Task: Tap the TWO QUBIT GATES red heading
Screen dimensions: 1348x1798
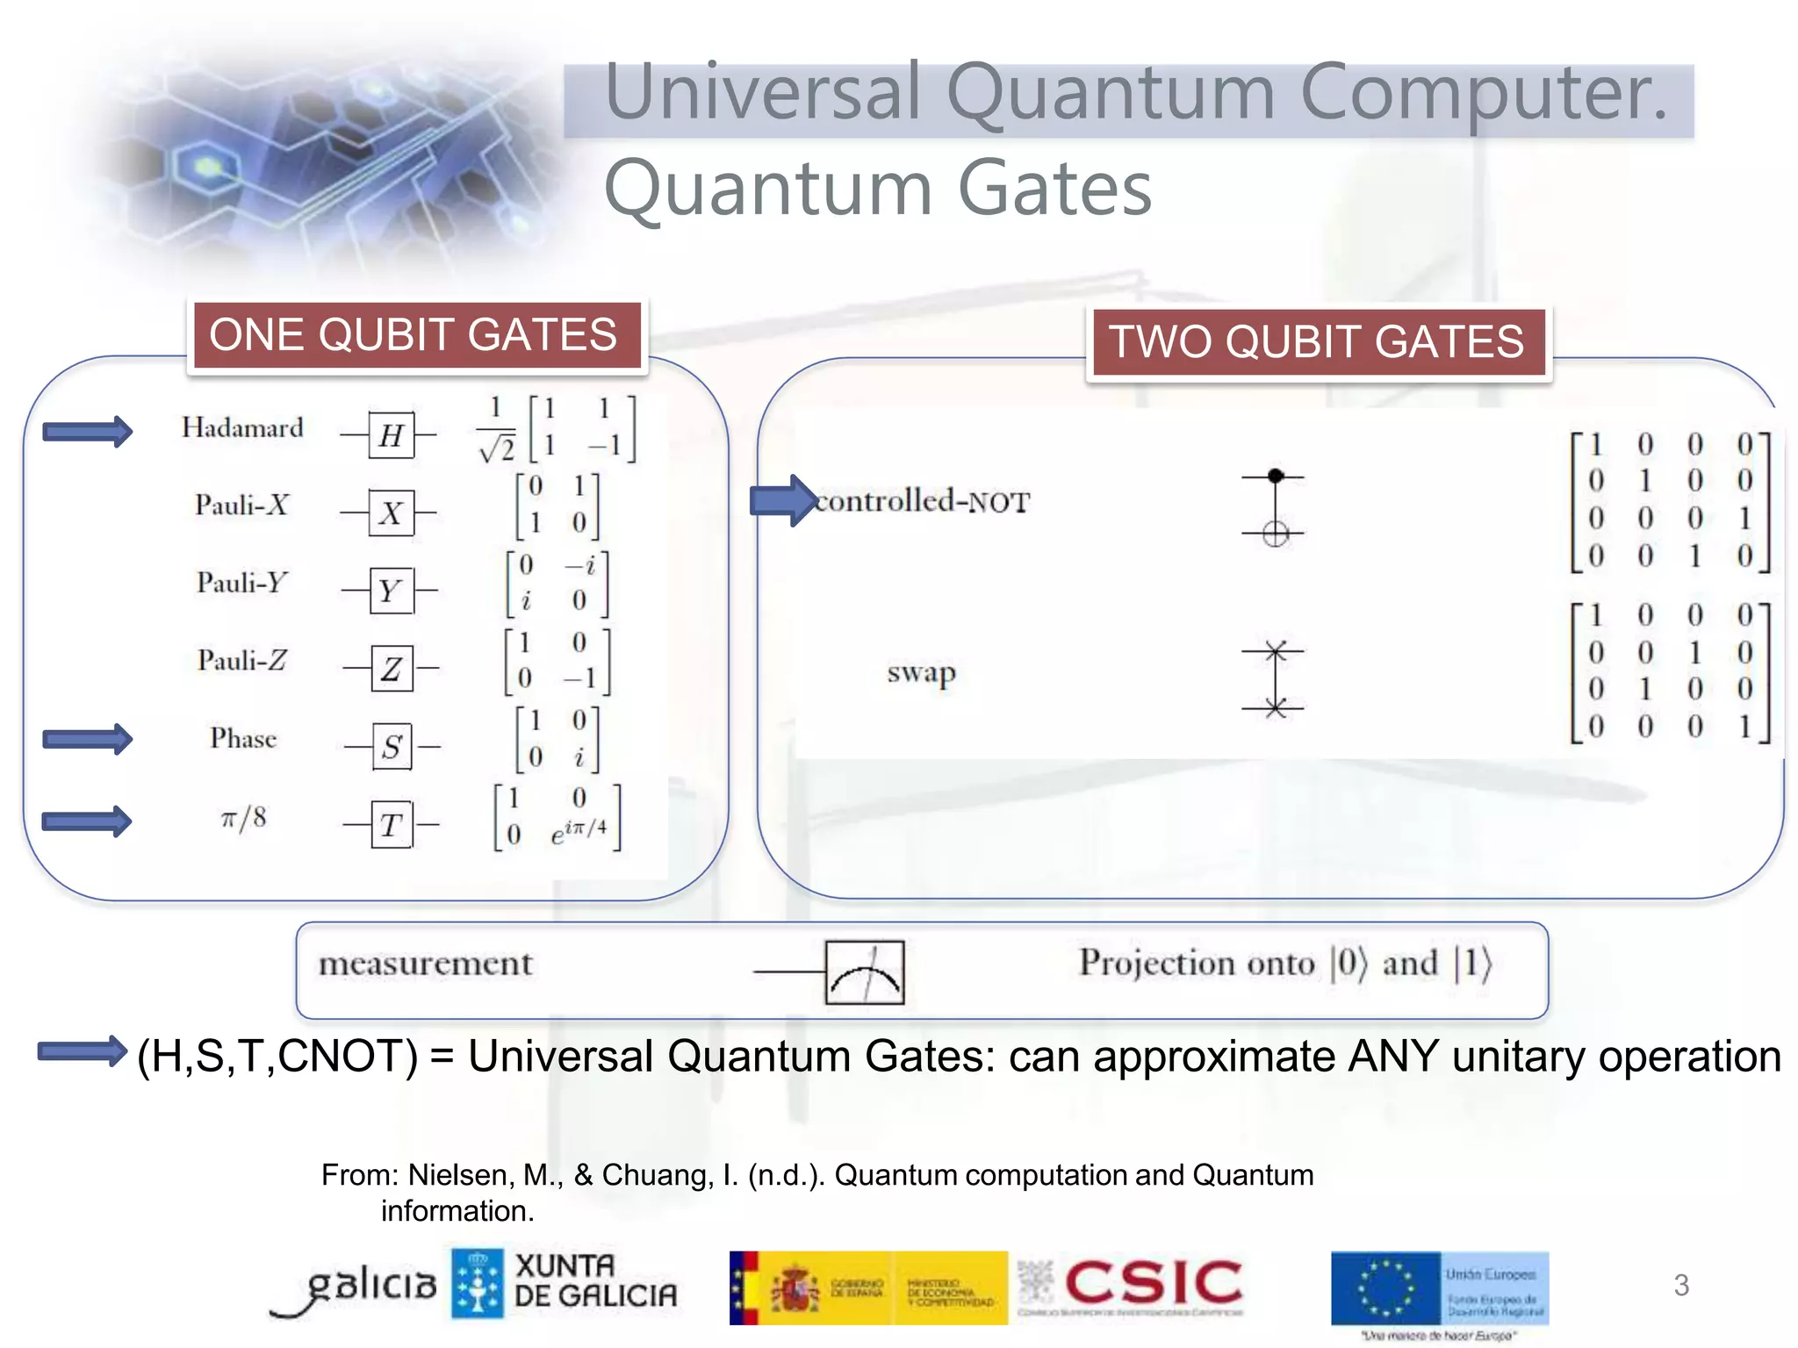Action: click(1318, 342)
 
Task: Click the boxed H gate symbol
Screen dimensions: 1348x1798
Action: click(391, 434)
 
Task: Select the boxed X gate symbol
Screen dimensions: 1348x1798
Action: click(391, 513)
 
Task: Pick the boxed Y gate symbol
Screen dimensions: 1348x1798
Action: click(391, 591)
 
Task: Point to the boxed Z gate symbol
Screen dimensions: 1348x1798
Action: click(392, 669)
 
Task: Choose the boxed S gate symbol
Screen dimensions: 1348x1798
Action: click(392, 747)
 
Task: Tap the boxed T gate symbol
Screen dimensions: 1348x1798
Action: click(392, 825)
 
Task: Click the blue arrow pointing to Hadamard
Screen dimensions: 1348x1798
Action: click(88, 431)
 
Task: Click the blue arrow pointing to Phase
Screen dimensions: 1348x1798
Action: click(88, 739)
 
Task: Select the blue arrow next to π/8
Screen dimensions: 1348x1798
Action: click(88, 821)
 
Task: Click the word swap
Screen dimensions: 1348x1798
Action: click(921, 673)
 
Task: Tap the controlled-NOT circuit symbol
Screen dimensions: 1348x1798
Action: click(1275, 505)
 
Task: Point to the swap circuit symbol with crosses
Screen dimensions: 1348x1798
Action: click(1275, 679)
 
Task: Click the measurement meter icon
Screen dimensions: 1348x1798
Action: click(865, 972)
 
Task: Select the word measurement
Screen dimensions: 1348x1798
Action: click(426, 964)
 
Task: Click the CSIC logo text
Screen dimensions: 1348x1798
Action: click(1154, 1283)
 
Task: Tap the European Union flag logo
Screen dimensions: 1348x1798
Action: click(1386, 1287)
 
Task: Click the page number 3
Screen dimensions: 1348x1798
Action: click(1681, 1285)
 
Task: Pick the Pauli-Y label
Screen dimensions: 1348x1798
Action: click(242, 583)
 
